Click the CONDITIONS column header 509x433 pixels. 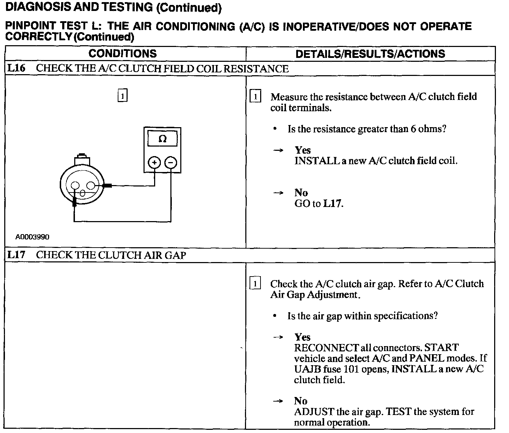point(122,54)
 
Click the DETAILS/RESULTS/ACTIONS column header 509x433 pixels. point(370,54)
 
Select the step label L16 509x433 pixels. point(16,68)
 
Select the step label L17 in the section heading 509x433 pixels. point(16,255)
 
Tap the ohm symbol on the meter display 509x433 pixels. point(163,139)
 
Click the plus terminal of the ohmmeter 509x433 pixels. point(154,162)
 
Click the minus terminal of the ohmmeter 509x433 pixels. point(171,162)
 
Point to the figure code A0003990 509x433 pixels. point(32,237)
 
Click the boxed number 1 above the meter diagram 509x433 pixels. point(122,96)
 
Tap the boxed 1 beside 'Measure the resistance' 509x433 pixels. point(255,96)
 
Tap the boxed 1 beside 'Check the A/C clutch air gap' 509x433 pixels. point(255,284)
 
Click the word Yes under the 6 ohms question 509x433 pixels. point(303,150)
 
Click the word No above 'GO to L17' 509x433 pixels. point(301,192)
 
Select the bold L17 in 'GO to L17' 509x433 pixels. point(332,203)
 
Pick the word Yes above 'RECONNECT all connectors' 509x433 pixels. point(303,337)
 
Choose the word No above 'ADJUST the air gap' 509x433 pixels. point(301,401)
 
